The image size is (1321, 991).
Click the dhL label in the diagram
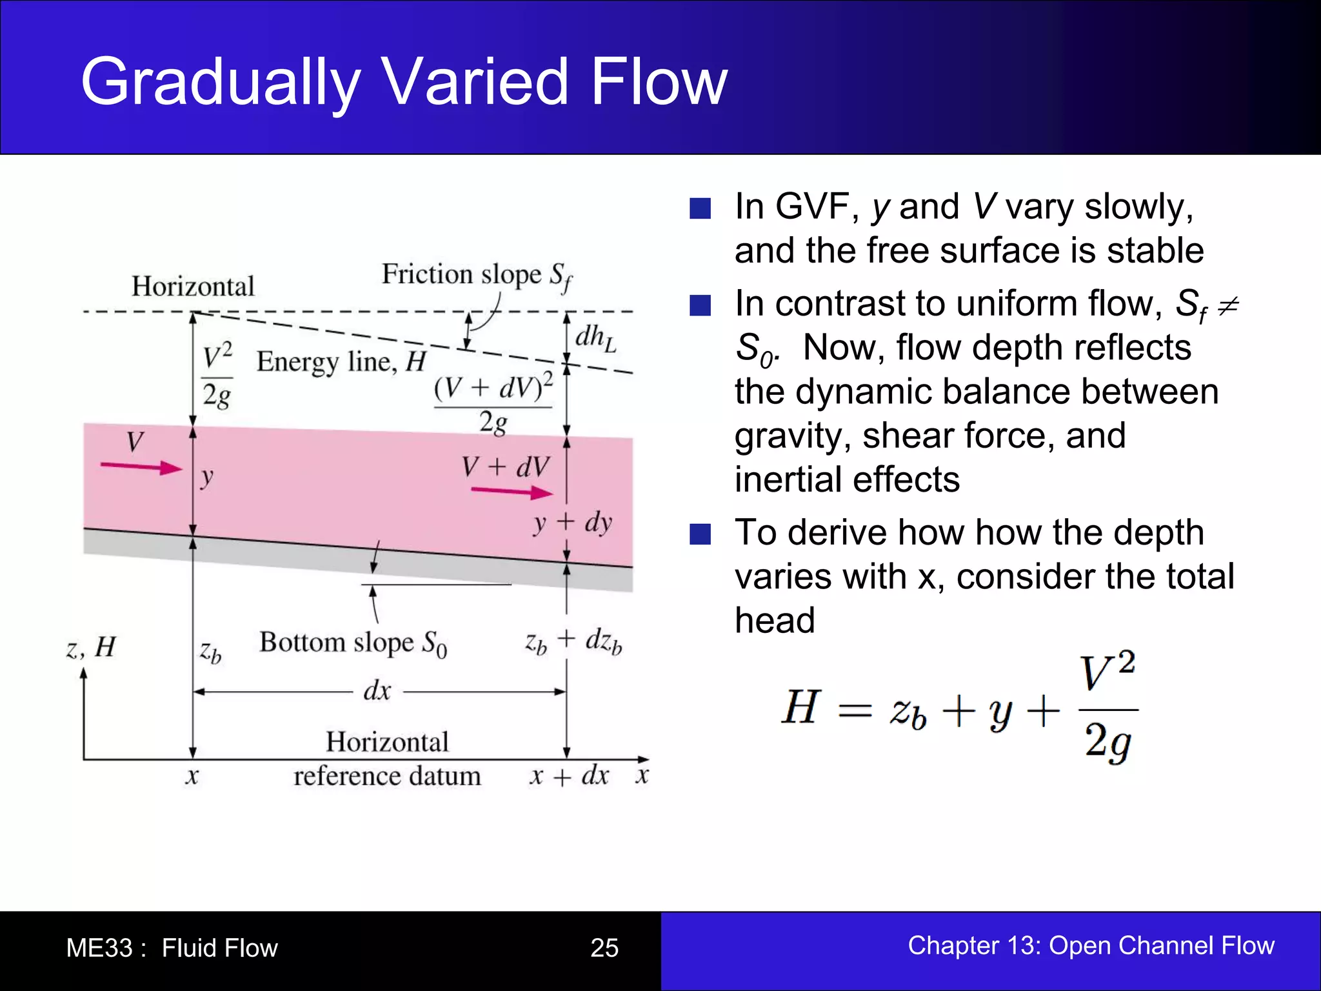pos(595,338)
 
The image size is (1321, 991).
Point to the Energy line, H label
pos(341,361)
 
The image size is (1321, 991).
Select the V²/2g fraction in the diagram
pos(217,377)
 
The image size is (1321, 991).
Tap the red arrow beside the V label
pos(141,466)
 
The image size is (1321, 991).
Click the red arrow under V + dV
pos(512,492)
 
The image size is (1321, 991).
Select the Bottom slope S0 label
pos(353,643)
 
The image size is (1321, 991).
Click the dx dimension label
pos(377,691)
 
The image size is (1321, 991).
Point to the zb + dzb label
pos(573,641)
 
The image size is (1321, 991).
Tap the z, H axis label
pos(91,647)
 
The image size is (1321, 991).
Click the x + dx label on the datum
pos(569,776)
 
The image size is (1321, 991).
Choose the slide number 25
pos(604,948)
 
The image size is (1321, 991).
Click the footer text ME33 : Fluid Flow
pos(172,948)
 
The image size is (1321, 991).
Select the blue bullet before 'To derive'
pos(700,534)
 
